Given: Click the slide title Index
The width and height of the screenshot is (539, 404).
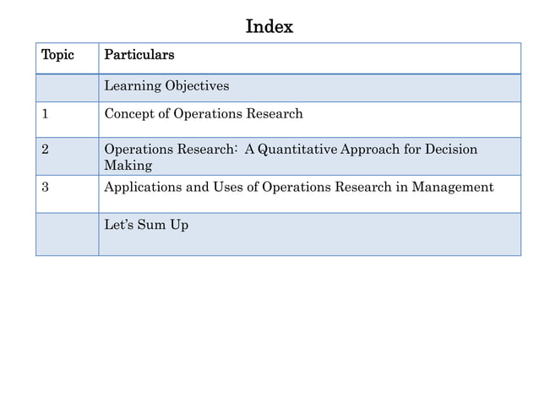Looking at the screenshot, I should pos(269,26).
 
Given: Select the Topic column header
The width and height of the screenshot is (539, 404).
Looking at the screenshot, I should pos(58,56).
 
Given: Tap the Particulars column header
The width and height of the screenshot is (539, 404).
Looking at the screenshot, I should pos(139,56).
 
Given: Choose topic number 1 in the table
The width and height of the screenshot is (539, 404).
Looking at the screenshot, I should pos(45,114).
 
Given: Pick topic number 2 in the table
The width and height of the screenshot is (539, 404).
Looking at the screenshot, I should pos(46,150).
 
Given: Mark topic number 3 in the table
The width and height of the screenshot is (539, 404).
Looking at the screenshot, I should pos(46,187).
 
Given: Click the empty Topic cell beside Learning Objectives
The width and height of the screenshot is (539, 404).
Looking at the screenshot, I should pos(67,88).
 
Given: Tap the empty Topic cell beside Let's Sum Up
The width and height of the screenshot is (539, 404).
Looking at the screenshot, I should pos(67,234).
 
